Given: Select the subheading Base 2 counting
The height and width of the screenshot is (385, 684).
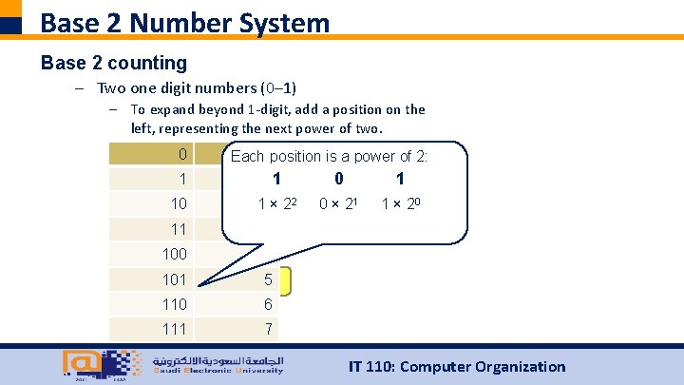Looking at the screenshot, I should [x=114, y=63].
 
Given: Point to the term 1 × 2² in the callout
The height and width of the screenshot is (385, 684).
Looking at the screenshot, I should [x=275, y=202].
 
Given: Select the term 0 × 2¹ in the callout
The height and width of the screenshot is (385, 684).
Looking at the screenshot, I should [x=338, y=202].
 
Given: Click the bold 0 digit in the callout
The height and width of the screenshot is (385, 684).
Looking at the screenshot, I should [x=339, y=179].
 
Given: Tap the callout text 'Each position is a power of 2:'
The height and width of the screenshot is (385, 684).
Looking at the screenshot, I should [x=329, y=156].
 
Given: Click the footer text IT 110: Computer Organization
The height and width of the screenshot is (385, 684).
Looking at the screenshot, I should [x=457, y=366].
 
